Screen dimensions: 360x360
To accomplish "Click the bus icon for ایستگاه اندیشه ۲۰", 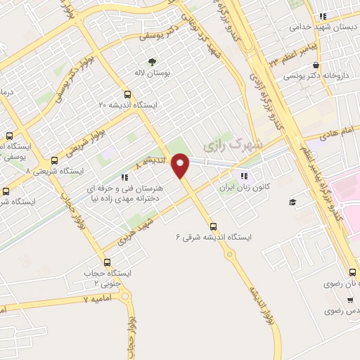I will [x=127, y=94].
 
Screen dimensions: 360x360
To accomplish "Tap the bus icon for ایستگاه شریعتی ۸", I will [x=55, y=160].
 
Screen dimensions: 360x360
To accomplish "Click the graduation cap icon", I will [x=292, y=202].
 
